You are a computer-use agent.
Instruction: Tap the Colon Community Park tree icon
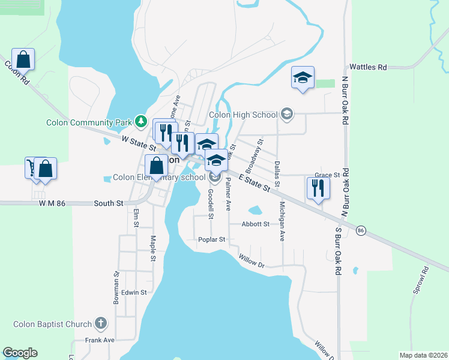[140, 122]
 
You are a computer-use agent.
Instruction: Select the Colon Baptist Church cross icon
[100, 324]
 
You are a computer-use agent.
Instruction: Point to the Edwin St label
[134, 292]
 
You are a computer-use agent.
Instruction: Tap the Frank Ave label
[100, 340]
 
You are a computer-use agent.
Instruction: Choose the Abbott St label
[256, 224]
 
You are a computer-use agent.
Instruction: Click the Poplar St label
[211, 239]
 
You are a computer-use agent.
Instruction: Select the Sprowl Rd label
[418, 280]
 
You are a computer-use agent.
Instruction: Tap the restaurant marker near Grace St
[316, 188]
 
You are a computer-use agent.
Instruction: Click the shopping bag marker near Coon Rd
[23, 59]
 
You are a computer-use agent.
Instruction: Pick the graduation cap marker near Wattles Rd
[303, 77]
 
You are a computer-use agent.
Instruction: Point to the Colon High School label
[243, 115]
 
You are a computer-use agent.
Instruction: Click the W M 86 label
[51, 203]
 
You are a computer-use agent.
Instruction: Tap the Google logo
[20, 353]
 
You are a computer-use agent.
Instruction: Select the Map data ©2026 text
[422, 355]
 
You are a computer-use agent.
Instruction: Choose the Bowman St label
[116, 287]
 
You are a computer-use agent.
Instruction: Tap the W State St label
[139, 142]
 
